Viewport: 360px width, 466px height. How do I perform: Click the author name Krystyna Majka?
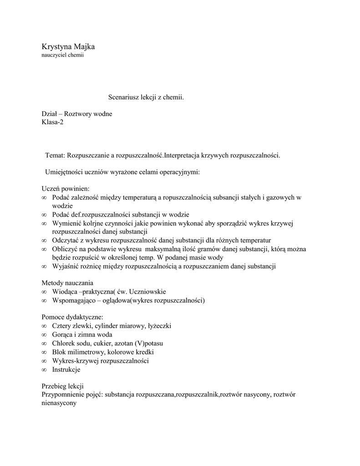[x=68, y=46]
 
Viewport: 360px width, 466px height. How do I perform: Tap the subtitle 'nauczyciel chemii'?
[x=63, y=55]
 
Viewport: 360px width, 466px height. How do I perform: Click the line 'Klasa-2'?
[x=53, y=122]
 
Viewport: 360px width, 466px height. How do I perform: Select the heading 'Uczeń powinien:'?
[x=66, y=189]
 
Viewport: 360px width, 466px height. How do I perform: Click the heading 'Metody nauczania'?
[x=67, y=283]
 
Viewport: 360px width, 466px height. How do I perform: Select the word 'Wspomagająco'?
[x=73, y=300]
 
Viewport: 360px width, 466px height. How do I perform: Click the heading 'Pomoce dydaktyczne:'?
[x=72, y=317]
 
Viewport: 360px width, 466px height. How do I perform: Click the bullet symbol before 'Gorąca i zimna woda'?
[x=44, y=335]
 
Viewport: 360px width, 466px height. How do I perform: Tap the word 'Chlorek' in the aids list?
[x=64, y=343]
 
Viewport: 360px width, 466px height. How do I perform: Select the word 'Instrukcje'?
[x=66, y=370]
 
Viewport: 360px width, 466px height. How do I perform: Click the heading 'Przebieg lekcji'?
[x=63, y=386]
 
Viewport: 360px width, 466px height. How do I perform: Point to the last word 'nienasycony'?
[x=59, y=404]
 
